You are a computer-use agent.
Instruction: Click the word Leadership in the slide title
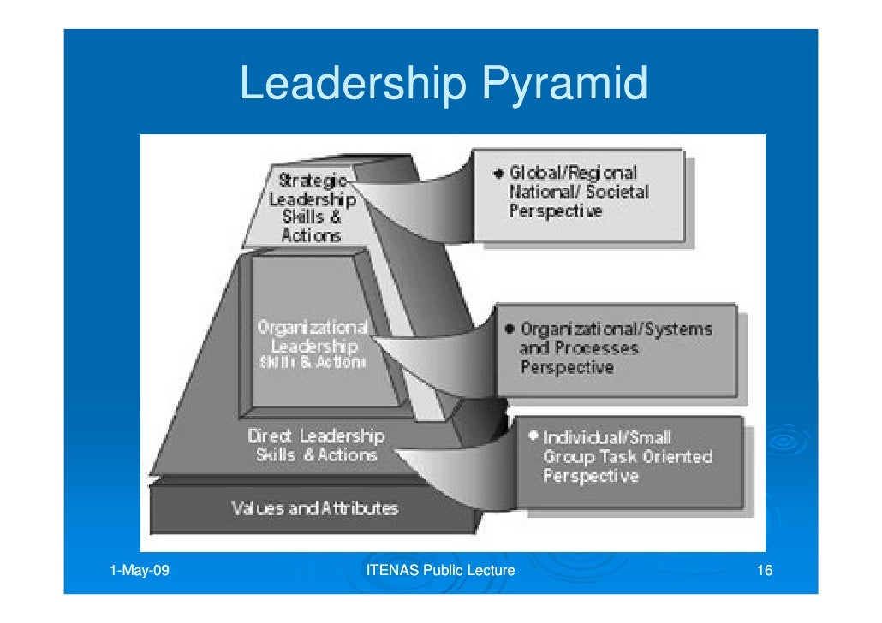[x=353, y=84]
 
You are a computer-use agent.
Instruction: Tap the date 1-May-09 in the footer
[x=140, y=571]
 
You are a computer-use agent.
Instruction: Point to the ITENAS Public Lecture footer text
[x=440, y=571]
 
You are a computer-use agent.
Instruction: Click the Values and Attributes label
[x=314, y=508]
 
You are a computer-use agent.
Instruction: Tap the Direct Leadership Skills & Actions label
[x=316, y=445]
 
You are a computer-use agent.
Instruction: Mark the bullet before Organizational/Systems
[x=510, y=329]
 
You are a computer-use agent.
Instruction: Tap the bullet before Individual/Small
[x=533, y=436]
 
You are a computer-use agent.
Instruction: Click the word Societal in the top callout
[x=618, y=192]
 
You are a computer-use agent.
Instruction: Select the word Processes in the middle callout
[x=596, y=349]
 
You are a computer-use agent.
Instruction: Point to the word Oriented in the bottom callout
[x=678, y=457]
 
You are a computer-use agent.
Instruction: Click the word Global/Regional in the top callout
[x=573, y=173]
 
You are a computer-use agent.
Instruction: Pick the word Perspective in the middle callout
[x=567, y=368]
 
